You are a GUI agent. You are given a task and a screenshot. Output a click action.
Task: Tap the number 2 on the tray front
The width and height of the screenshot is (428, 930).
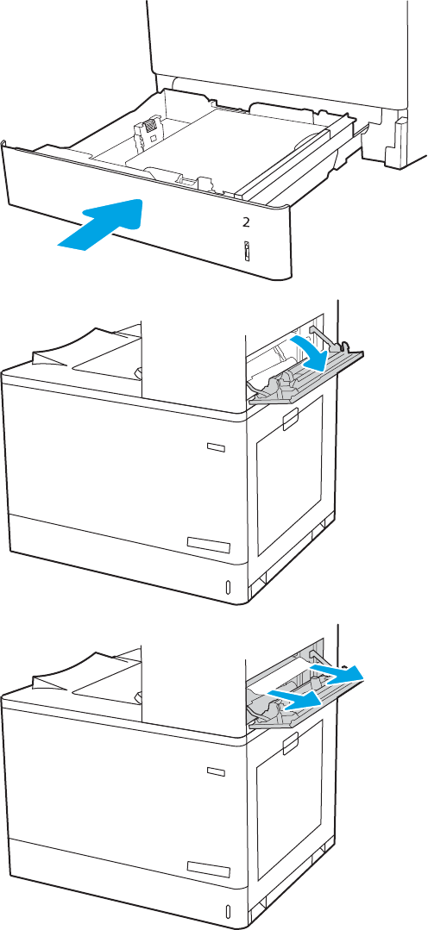point(246,222)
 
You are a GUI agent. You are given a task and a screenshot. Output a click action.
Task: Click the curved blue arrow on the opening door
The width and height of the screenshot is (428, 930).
point(312,353)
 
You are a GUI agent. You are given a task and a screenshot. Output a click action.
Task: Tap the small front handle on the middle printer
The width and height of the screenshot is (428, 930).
point(216,447)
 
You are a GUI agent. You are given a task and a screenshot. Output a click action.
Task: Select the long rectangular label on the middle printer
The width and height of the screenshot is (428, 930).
point(208,544)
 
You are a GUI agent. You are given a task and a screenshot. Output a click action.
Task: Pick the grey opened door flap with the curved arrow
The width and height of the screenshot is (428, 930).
point(305,378)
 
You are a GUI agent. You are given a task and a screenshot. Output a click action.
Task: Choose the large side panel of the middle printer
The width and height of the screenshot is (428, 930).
point(289,475)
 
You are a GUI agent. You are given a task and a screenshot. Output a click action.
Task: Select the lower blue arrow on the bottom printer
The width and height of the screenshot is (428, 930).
point(295,699)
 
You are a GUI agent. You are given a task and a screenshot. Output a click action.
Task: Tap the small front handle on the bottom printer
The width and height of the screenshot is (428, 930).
point(216,771)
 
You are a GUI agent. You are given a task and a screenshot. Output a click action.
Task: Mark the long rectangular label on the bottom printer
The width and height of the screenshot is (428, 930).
point(208,868)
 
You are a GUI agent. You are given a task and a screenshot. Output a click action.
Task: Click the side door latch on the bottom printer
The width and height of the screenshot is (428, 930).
point(293,743)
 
